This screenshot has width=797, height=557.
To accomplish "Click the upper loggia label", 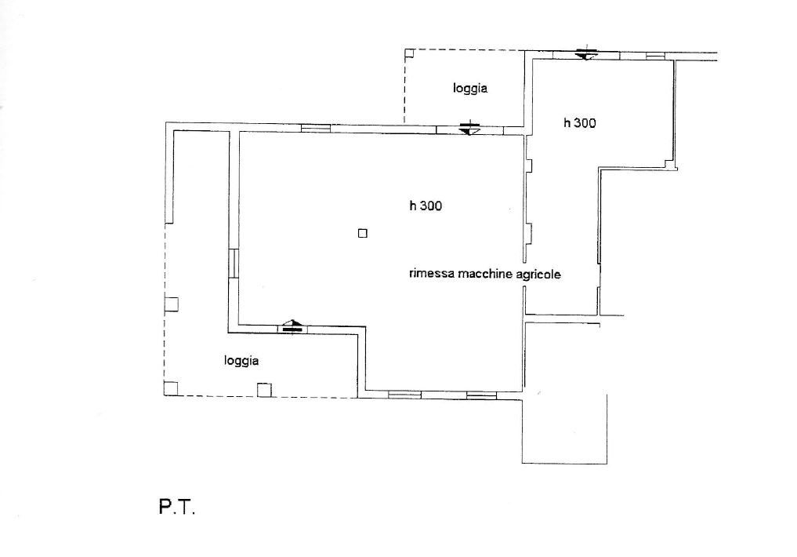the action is [x=470, y=89].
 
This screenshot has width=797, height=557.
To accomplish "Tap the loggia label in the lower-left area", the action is [x=241, y=361].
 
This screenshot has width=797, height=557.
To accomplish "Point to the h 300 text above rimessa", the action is [x=426, y=206].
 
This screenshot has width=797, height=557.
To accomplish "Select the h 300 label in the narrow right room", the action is [x=579, y=122].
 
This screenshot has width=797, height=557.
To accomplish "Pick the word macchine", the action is [x=485, y=274].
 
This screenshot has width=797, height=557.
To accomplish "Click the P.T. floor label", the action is [x=177, y=507].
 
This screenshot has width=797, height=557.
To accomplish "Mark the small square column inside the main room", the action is [x=362, y=234].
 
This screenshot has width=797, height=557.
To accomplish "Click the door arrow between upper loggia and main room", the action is [x=469, y=128].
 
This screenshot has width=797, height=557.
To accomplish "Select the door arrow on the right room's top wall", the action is [x=586, y=53].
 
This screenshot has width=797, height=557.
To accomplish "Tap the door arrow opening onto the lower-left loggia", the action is [x=292, y=326].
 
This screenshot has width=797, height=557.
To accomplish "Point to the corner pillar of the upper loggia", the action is [x=409, y=53].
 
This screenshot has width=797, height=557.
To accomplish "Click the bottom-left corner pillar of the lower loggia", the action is [x=171, y=388].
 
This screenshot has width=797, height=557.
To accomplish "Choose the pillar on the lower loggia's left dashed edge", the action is [x=172, y=304].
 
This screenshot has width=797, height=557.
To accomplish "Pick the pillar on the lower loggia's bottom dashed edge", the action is [x=264, y=390].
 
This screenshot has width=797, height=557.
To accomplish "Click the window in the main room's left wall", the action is [x=234, y=263].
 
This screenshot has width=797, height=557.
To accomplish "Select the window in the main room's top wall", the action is [x=316, y=128].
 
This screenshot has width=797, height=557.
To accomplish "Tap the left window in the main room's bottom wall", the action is [x=404, y=395].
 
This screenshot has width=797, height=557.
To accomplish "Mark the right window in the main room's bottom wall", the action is [x=481, y=395].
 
